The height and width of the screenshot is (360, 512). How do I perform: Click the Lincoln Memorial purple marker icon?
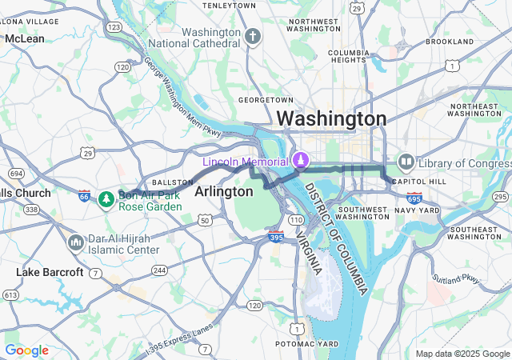pyautogui.click(x=300, y=160)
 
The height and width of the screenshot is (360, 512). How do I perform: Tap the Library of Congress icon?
pyautogui.click(x=406, y=162)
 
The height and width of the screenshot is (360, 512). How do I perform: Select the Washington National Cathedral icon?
pyautogui.click(x=253, y=36)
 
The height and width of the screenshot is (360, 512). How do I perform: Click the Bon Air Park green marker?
pyautogui.click(x=106, y=198)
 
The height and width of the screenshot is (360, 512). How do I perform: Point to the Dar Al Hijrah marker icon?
pyautogui.click(x=76, y=242)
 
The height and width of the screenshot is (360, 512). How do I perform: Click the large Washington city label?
pyautogui.click(x=331, y=118)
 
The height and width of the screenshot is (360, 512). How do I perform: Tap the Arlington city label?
pyautogui.click(x=224, y=192)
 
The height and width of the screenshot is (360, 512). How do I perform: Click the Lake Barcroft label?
pyautogui.click(x=50, y=272)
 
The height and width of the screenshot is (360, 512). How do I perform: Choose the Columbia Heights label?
pyautogui.click(x=348, y=57)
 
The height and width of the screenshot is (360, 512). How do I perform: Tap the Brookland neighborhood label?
pyautogui.click(x=450, y=41)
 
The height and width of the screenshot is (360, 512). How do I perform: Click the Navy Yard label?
pyautogui.click(x=422, y=210)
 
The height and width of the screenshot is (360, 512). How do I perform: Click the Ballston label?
pyautogui.click(x=178, y=182)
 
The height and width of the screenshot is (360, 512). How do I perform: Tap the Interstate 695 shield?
pyautogui.click(x=414, y=197)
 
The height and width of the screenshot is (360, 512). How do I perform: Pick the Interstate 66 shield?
pyautogui.click(x=85, y=195)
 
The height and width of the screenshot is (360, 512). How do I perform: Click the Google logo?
pyautogui.click(x=27, y=350)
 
